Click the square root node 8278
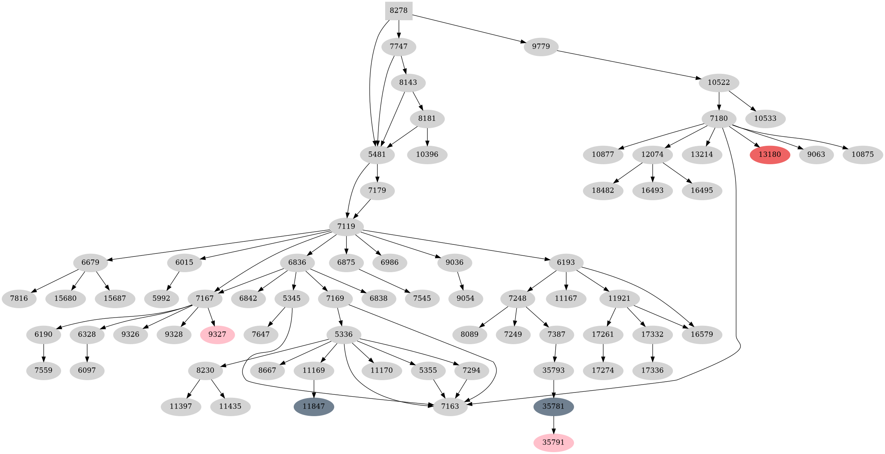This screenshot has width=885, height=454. point(399,10)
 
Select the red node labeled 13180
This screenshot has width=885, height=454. point(770,154)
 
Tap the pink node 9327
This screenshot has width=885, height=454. point(217,334)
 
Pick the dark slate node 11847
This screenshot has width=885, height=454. point(314,406)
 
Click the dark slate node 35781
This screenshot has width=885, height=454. point(553,406)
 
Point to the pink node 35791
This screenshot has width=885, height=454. point(553,442)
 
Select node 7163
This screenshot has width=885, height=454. point(450,406)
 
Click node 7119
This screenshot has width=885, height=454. point(346,226)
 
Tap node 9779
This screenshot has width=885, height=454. point(541,46)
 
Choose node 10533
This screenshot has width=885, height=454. point(765,118)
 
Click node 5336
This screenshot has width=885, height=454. point(344,334)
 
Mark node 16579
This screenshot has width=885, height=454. point(701,334)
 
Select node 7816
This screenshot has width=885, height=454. point(19,298)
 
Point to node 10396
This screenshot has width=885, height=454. point(427,154)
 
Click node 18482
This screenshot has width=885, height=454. point(603,190)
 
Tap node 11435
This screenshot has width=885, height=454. point(230,406)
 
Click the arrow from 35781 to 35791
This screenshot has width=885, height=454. point(553,424)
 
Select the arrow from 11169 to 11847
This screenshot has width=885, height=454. point(314,388)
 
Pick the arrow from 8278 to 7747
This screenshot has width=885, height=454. point(399,29)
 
